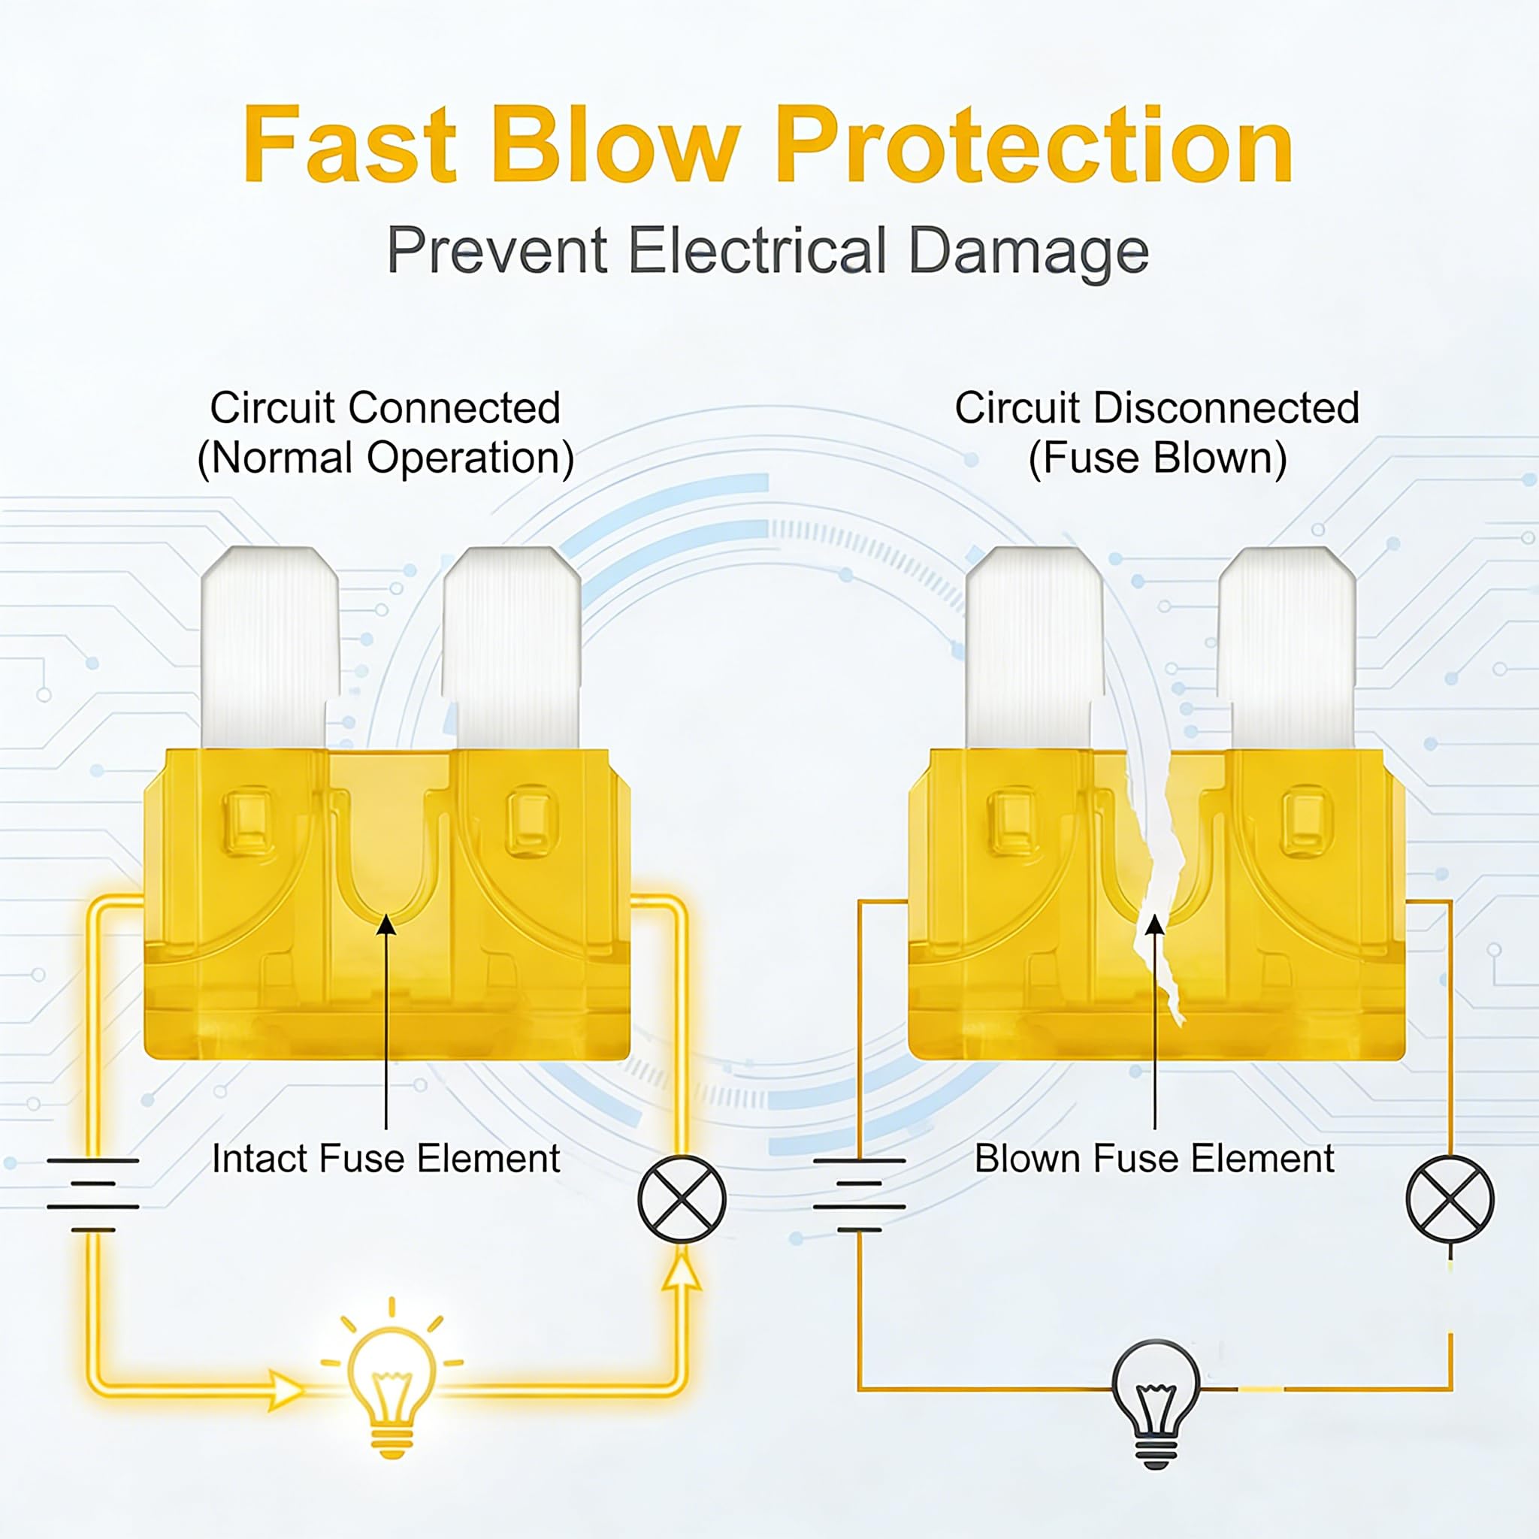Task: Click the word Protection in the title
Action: (1033, 145)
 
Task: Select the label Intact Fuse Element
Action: (386, 1159)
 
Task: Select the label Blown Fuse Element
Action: (1154, 1159)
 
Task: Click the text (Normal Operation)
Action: (386, 459)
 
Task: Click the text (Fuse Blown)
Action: (1157, 459)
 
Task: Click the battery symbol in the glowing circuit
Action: (92, 1195)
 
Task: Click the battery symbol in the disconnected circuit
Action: (859, 1195)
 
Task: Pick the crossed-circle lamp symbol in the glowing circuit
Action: (682, 1199)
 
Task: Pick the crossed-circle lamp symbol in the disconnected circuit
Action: (1450, 1199)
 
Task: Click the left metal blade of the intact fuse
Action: (269, 647)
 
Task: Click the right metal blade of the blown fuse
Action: (1287, 647)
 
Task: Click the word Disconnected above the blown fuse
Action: (1226, 408)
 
